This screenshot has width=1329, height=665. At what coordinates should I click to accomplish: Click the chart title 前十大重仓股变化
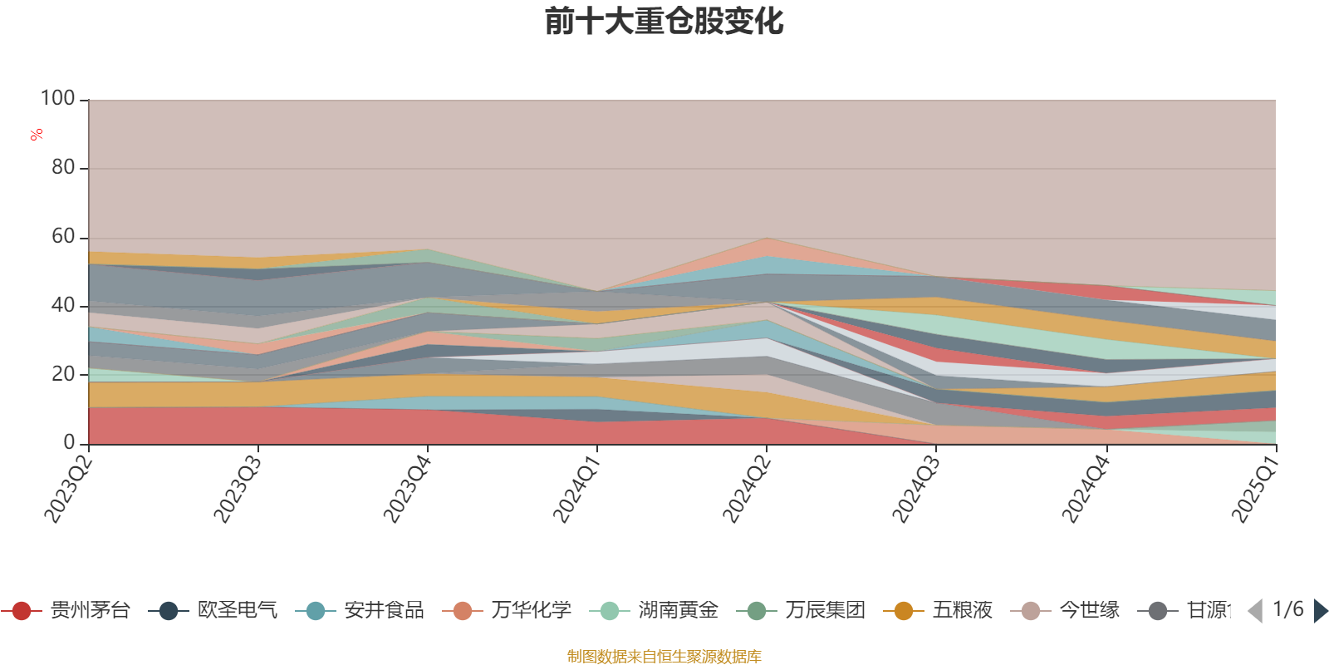point(664,22)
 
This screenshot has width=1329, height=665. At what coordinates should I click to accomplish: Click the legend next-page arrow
point(1320,611)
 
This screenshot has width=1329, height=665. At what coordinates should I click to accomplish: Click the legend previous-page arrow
point(1255,611)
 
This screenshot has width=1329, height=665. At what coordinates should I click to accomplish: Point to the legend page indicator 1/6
point(1287,609)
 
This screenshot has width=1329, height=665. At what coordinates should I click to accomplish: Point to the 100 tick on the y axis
point(57,99)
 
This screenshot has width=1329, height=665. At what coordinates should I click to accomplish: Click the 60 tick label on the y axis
point(62,237)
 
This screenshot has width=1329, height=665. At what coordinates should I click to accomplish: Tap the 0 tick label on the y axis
point(69,443)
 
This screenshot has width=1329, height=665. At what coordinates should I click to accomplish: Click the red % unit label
point(37,135)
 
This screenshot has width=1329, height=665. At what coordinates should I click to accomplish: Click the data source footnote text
point(664,657)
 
